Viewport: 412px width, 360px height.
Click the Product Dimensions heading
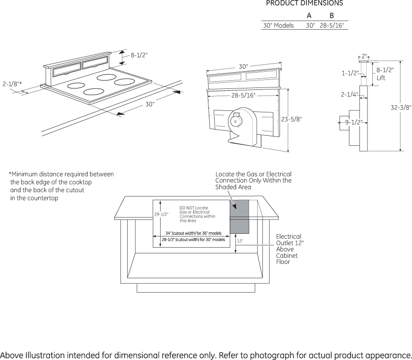[x=304, y=3]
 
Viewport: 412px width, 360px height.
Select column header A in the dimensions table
[x=309, y=16]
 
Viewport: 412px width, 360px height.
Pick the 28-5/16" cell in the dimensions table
[x=332, y=25]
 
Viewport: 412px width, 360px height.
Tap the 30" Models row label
[x=279, y=25]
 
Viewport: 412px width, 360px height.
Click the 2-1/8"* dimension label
[x=12, y=84]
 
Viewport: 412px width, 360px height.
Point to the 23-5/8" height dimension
[x=292, y=119]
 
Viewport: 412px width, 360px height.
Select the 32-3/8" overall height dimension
[x=401, y=107]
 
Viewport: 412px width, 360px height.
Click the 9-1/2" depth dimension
[x=354, y=122]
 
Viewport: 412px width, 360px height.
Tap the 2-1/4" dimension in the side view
[x=350, y=94]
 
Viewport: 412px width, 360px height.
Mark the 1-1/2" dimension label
[x=350, y=73]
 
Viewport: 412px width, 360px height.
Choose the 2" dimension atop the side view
[x=364, y=56]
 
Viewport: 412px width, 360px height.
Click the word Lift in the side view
[x=381, y=78]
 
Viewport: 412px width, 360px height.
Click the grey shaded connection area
[x=239, y=217]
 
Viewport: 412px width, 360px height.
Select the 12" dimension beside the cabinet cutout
[x=239, y=240]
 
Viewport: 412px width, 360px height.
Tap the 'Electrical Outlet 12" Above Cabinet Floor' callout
[x=290, y=249]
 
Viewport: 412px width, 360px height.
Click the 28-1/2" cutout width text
[x=194, y=240]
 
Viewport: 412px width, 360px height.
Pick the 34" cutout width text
[x=194, y=233]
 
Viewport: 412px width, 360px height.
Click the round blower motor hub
[x=235, y=121]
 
